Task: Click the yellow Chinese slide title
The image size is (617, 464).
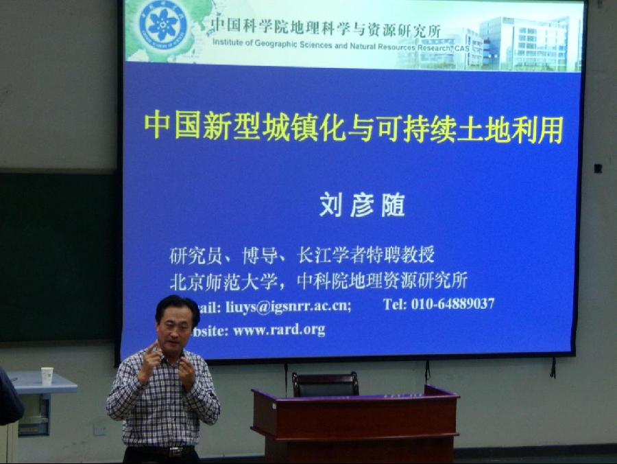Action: pyautogui.click(x=354, y=128)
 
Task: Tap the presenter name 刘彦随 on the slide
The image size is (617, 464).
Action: pyautogui.click(x=362, y=205)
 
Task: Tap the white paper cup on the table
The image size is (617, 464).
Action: pyautogui.click(x=47, y=376)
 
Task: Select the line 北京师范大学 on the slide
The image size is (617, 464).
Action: pyautogui.click(x=319, y=281)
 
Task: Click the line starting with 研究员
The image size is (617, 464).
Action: pyautogui.click(x=302, y=255)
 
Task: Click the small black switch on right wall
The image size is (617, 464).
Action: pyautogui.click(x=598, y=168)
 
